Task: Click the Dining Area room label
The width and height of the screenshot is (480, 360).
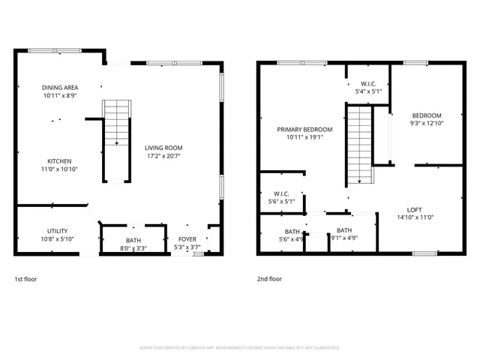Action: point(61,88)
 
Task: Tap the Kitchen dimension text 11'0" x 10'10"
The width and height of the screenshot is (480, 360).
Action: point(59,169)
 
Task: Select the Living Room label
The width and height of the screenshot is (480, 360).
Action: point(163,148)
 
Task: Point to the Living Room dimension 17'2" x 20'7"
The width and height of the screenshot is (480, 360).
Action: point(163,156)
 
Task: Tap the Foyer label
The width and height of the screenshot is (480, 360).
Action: point(187,239)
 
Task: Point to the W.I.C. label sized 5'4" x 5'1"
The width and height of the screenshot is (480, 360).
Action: point(368,83)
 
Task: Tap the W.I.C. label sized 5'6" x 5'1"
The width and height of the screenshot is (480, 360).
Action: point(282,193)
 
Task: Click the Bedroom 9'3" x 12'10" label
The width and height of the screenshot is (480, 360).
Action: point(427,115)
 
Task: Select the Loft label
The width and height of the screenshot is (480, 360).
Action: point(414,210)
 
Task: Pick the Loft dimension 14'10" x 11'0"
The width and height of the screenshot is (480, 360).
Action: point(414,217)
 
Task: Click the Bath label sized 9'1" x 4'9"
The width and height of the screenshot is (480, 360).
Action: point(344,230)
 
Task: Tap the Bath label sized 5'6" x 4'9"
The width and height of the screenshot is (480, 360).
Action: point(292,232)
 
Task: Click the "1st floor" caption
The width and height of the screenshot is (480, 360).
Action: point(25,279)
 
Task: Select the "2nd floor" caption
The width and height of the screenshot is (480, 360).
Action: point(269,279)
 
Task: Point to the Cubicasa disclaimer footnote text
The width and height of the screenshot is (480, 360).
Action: point(240,348)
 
